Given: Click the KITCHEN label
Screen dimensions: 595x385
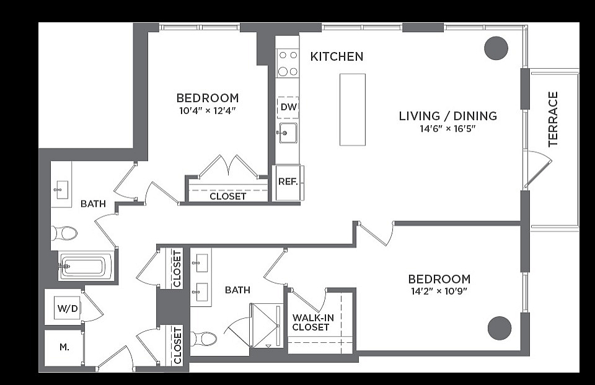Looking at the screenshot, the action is point(337,56).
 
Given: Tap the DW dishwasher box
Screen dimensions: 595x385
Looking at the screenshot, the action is point(288,107).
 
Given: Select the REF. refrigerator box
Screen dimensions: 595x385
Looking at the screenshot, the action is point(288,182).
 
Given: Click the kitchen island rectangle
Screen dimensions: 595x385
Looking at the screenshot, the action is point(353,110).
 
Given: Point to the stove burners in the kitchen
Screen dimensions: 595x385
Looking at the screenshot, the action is point(288,63).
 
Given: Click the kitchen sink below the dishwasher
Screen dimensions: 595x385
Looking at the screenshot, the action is point(288,133).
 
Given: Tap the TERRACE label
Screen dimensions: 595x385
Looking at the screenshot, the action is point(553,119).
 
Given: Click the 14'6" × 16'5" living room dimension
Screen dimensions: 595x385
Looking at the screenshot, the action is point(447,129).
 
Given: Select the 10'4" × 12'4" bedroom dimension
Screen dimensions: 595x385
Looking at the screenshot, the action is point(208,111).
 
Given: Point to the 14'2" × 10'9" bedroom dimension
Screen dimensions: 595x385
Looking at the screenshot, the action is point(439,292).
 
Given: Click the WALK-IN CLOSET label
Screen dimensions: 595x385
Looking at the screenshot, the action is point(312,322).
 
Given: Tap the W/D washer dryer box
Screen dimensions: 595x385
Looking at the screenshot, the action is point(68,308).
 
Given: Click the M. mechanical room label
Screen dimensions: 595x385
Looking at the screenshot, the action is point(64,347).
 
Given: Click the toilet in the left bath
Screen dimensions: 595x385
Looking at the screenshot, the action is point(64,234).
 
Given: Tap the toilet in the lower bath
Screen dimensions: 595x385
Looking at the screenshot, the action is point(203,339).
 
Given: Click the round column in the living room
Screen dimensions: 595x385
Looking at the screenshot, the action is point(496,48).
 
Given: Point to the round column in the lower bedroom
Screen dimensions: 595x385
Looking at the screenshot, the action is point(500,328).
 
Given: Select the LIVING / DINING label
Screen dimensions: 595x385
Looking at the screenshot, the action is point(447,116).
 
